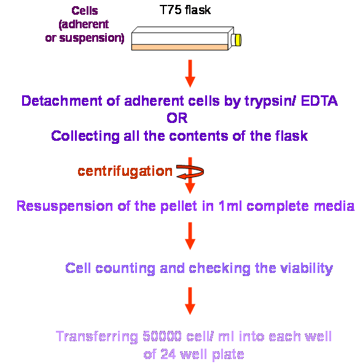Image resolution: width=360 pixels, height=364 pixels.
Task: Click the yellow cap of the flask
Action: (x=238, y=40)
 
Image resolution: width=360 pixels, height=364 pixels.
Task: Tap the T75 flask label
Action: (x=185, y=10)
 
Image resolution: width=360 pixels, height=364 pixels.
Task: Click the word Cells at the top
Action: (x=85, y=10)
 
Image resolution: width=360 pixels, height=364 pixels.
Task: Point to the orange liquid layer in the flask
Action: (x=180, y=47)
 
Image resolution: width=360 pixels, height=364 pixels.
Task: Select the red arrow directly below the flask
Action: (x=190, y=73)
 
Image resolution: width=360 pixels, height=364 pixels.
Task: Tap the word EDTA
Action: (x=319, y=101)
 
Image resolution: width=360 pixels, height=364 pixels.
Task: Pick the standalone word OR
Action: (x=177, y=118)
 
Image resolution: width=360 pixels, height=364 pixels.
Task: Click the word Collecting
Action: (x=85, y=136)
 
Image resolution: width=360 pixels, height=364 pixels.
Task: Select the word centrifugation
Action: (x=125, y=172)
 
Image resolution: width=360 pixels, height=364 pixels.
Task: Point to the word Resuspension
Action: (x=65, y=207)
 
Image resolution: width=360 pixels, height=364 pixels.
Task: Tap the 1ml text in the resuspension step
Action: (x=230, y=206)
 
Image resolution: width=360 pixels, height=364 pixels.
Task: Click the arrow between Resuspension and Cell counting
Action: (x=190, y=236)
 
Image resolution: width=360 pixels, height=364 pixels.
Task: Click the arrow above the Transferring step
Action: (x=190, y=301)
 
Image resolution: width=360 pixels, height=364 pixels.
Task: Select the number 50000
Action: (x=162, y=336)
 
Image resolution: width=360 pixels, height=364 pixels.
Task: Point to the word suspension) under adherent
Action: (x=92, y=38)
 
